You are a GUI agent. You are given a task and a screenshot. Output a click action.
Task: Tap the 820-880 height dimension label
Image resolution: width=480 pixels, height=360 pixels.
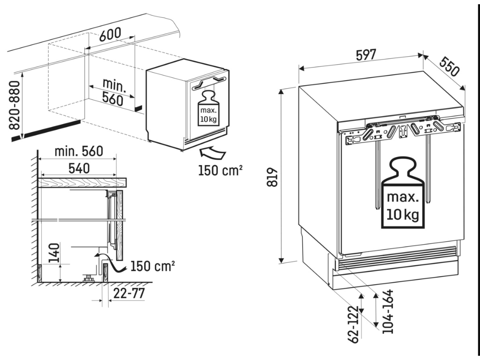[x=15, y=105]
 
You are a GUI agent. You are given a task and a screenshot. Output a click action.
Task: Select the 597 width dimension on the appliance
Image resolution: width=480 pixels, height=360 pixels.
[x=366, y=55]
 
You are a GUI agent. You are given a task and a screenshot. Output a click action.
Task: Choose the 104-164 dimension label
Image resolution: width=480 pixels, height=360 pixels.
[x=387, y=312]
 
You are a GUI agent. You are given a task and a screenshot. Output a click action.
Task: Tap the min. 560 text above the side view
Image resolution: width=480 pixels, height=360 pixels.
[x=78, y=151]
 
